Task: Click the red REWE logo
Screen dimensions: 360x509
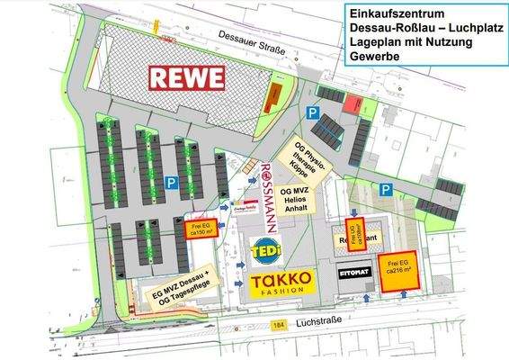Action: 187,78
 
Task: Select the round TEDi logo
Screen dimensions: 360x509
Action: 265,248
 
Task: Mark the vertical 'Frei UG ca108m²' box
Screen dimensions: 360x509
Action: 354,233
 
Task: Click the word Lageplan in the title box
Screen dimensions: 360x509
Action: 371,42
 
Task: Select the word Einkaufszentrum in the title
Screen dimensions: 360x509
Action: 396,13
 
